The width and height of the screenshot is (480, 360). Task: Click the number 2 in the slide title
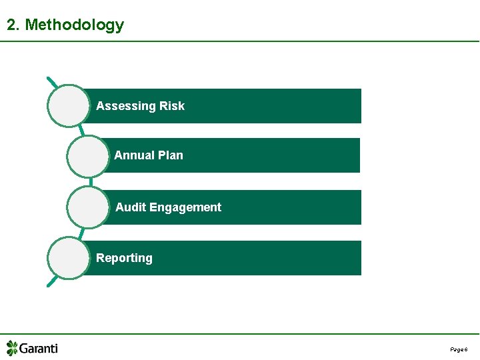(11, 25)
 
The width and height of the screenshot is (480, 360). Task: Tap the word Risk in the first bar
(172, 106)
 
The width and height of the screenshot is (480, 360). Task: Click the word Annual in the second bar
(134, 155)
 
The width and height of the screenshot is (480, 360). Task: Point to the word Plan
(170, 155)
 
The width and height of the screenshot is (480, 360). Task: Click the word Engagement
(185, 207)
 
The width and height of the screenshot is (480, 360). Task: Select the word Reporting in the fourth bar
(124, 258)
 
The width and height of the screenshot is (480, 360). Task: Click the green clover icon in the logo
(12, 348)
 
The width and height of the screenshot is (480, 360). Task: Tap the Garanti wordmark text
(39, 348)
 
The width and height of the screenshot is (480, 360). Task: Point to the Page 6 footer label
(459, 349)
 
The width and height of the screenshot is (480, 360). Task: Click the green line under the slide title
(240, 41)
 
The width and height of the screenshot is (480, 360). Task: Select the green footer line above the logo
(240, 334)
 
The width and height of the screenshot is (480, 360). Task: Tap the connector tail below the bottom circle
(51, 283)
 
